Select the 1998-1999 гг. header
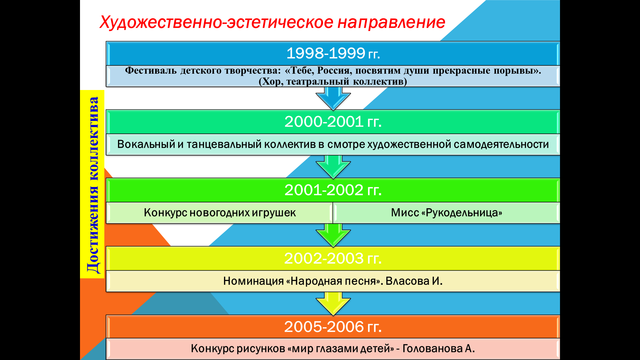click(333, 52)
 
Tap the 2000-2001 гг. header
click(333, 120)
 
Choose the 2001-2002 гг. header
click(333, 190)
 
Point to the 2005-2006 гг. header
click(333, 326)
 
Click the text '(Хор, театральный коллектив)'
click(334, 82)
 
